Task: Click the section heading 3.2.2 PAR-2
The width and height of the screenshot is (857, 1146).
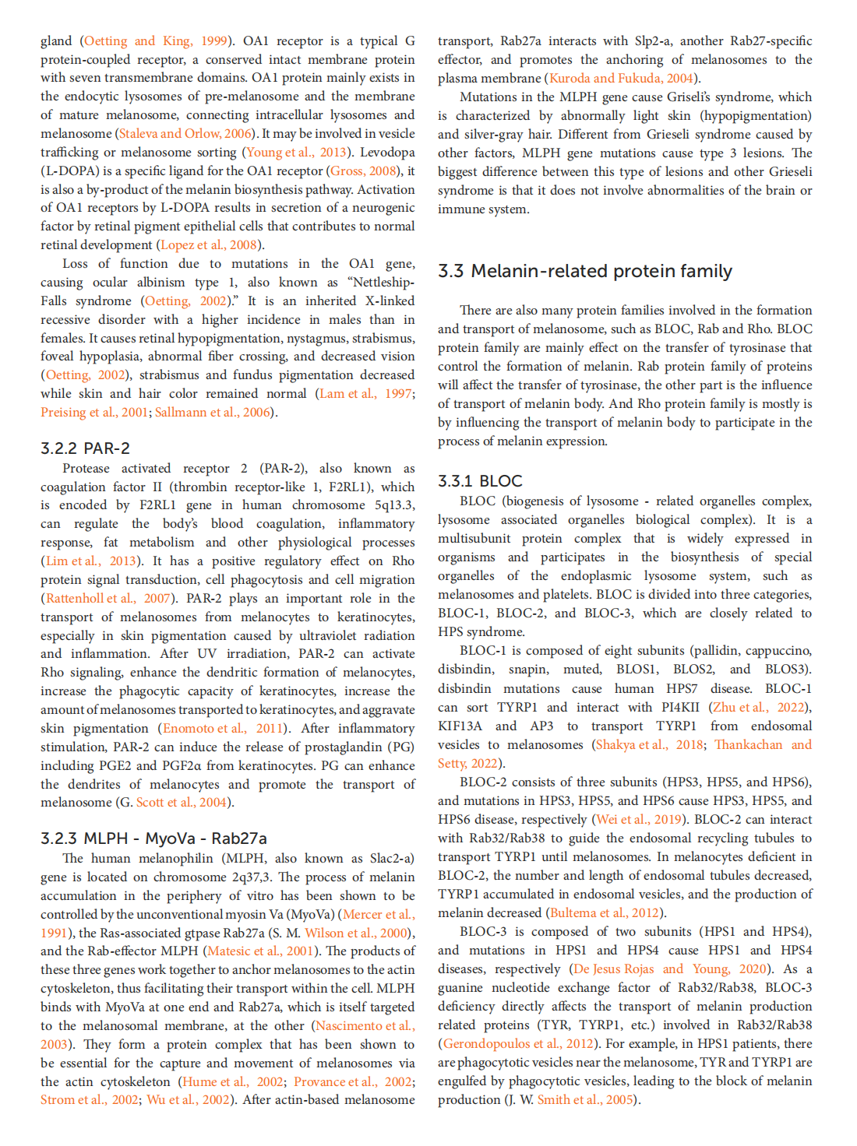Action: click(x=85, y=448)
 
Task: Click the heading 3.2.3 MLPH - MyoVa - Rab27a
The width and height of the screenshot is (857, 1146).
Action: click(x=153, y=838)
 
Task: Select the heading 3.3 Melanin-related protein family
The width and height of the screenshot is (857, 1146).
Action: click(x=584, y=271)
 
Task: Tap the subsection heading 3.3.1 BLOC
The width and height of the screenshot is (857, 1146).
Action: click(x=480, y=481)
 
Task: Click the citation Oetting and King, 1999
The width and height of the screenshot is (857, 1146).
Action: click(x=155, y=41)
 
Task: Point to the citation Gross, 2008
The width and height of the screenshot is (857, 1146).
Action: click(x=363, y=171)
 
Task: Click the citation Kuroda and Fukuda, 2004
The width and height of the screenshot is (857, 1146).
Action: click(x=621, y=79)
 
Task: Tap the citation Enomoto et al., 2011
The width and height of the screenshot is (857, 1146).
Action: click(x=222, y=729)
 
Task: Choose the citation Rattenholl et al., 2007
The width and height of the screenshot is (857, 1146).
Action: click(x=108, y=599)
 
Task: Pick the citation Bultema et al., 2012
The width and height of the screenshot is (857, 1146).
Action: click(x=605, y=913)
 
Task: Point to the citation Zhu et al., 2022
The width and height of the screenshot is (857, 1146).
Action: click(x=759, y=708)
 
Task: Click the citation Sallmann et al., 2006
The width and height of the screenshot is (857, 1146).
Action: click(x=212, y=413)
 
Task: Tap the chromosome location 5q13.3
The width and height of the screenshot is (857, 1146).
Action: click(x=394, y=505)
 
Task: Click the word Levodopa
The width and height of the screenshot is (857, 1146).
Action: click(x=387, y=153)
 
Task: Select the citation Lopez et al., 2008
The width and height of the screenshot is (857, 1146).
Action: click(x=208, y=245)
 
